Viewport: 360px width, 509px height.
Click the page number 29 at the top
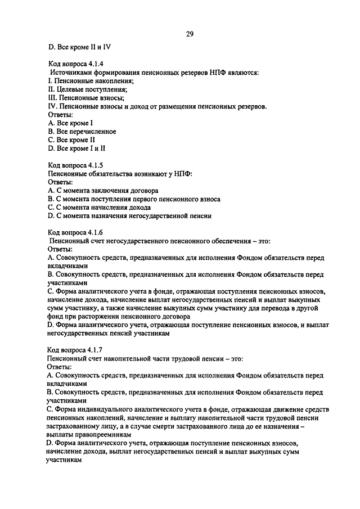pos(190,34)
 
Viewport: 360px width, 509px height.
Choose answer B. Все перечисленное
pos(82,132)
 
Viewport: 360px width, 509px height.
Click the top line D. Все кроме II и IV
pos(79,47)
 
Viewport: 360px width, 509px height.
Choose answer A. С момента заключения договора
pos(103,191)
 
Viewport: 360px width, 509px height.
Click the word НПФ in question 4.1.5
pos(183,174)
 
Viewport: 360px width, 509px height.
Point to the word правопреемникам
pos(103,435)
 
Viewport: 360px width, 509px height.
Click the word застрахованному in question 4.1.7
pos(74,427)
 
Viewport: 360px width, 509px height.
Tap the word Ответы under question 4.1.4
pos(61,115)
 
